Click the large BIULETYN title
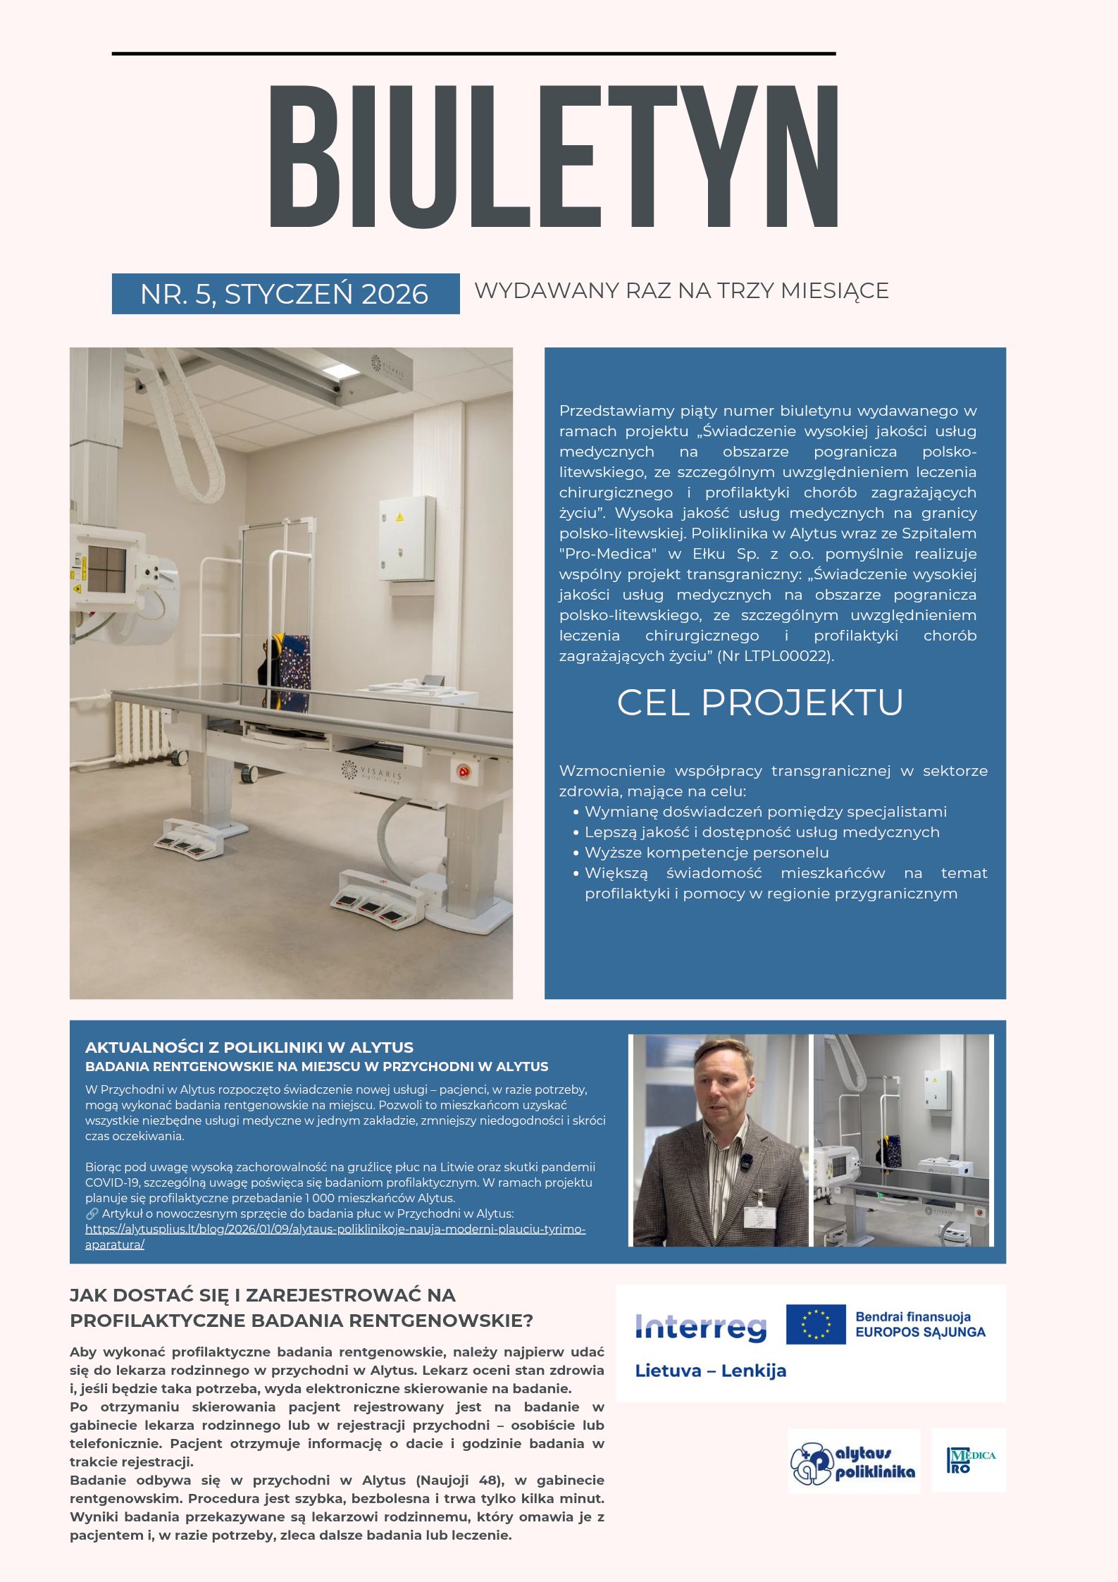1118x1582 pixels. click(x=554, y=156)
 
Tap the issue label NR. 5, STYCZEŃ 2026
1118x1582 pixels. click(x=285, y=294)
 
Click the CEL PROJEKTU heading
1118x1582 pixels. click(x=759, y=702)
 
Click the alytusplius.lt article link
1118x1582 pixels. click(x=335, y=1229)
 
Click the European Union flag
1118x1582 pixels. click(x=815, y=1324)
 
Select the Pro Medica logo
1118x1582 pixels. click(x=969, y=1461)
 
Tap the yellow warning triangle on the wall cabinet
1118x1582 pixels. click(x=399, y=517)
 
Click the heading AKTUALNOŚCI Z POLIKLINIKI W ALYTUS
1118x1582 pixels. click(x=249, y=1047)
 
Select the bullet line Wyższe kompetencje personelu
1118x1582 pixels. click(x=707, y=853)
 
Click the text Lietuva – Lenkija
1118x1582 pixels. click(x=710, y=1371)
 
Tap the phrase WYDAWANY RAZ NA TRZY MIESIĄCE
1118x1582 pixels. click(x=681, y=290)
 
